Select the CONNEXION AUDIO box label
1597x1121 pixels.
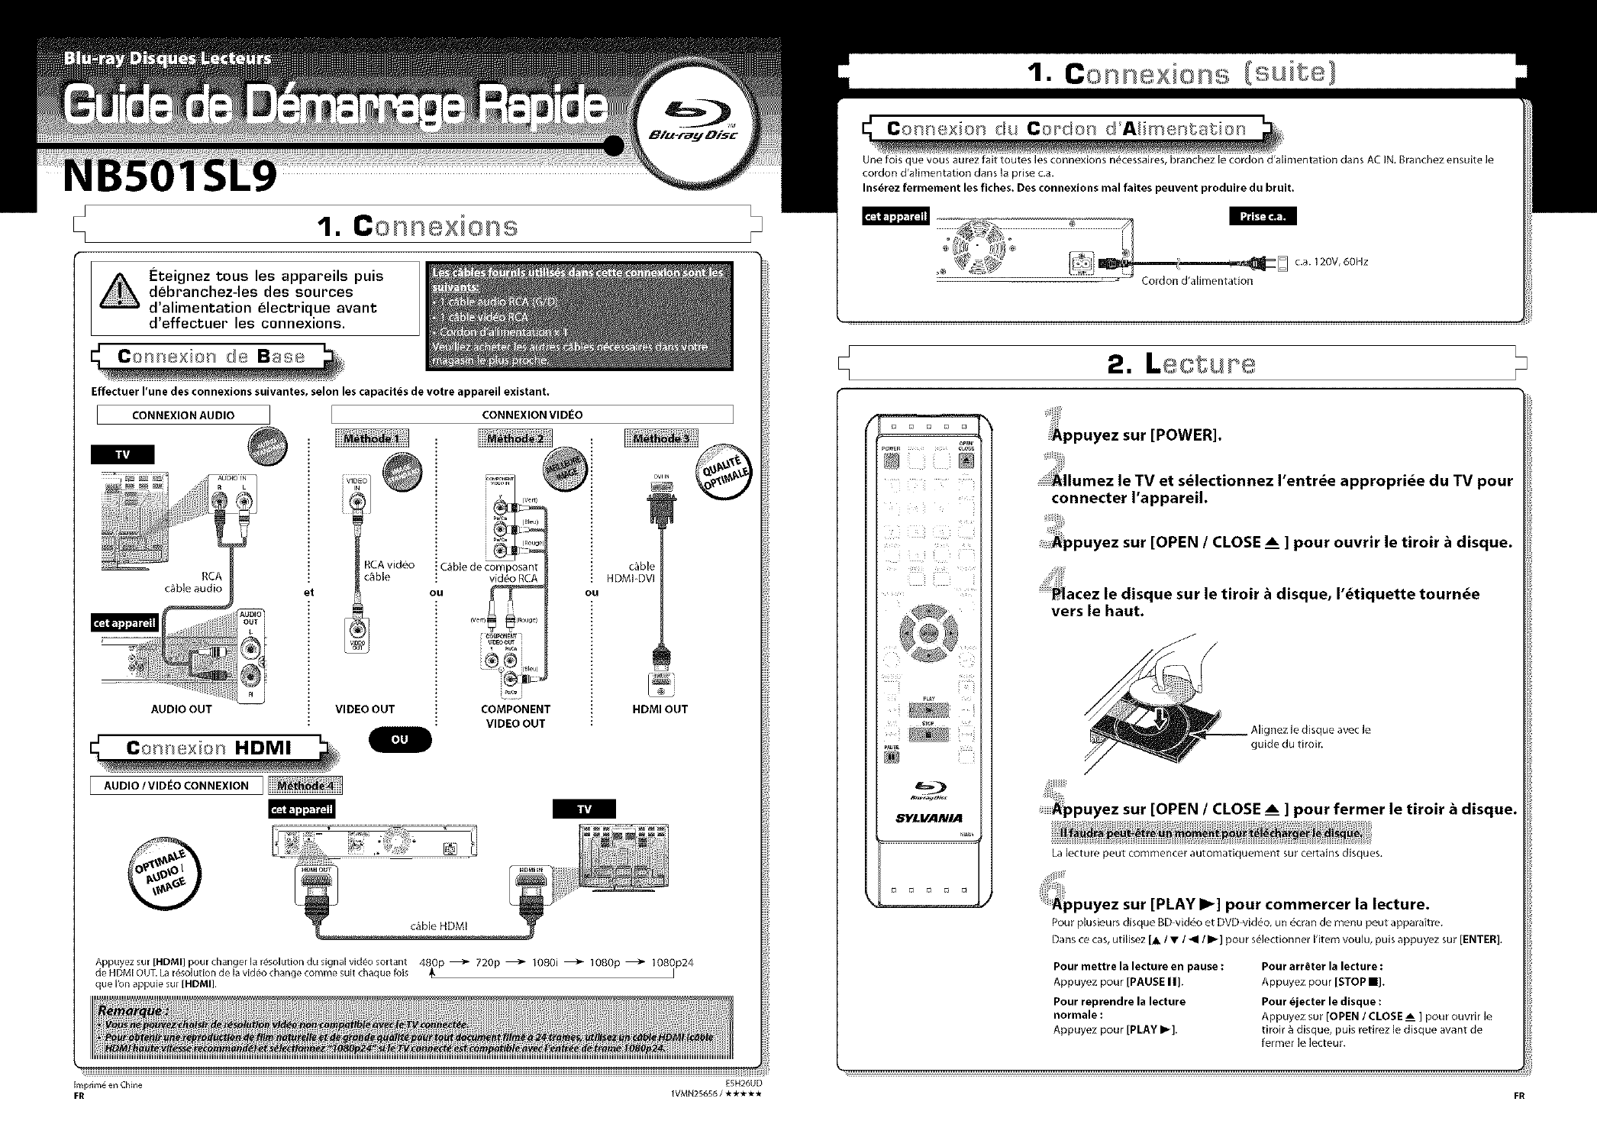click(x=183, y=415)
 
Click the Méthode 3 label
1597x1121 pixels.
click(x=660, y=438)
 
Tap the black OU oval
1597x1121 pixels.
click(x=399, y=739)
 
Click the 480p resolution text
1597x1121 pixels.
click(x=432, y=962)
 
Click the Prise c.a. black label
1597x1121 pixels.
click(x=1263, y=216)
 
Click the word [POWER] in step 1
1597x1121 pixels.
click(x=1185, y=435)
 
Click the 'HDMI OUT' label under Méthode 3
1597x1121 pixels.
click(x=660, y=709)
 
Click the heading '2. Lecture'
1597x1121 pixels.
click(x=1182, y=363)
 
